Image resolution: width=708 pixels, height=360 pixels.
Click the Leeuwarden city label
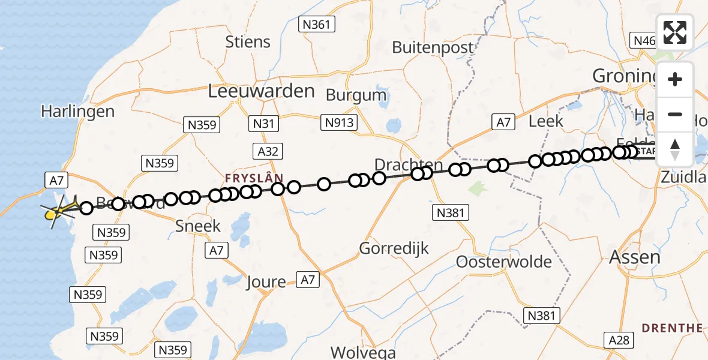[261, 91]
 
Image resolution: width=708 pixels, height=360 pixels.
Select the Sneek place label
[198, 226]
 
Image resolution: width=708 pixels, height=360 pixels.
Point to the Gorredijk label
[394, 248]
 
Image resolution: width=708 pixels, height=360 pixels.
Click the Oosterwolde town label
[504, 262]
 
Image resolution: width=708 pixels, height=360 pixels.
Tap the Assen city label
[635, 257]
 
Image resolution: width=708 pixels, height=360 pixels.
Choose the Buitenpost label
[433, 47]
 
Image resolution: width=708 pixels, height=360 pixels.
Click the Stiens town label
[248, 42]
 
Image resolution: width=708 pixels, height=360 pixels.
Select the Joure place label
[266, 281]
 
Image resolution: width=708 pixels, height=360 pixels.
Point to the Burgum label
[356, 95]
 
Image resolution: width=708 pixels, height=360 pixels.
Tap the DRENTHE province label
[673, 328]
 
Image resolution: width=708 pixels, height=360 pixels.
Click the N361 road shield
[317, 24]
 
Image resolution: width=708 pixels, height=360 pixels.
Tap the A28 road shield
[619, 341]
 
